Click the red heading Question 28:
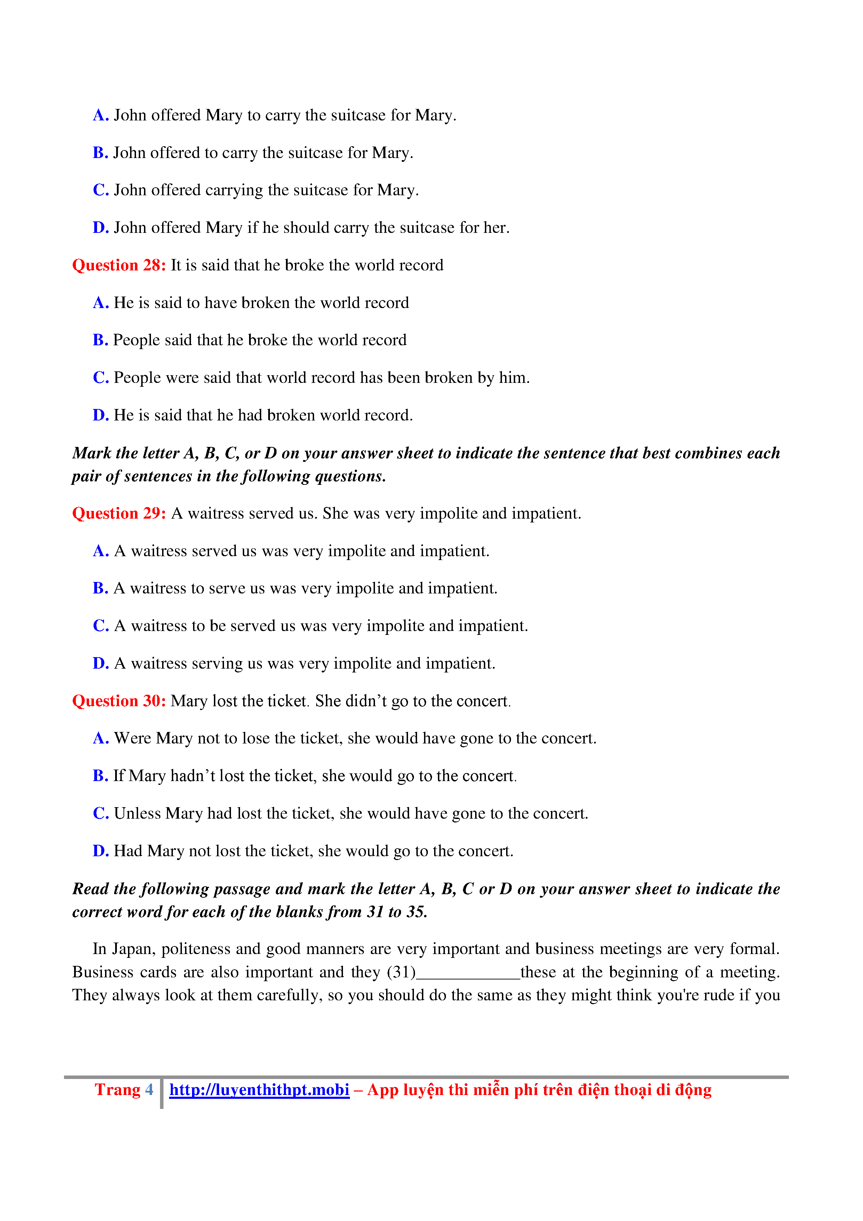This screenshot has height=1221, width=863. pyautogui.click(x=119, y=265)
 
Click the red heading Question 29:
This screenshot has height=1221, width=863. pyautogui.click(x=119, y=513)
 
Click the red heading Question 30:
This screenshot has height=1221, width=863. pyautogui.click(x=119, y=701)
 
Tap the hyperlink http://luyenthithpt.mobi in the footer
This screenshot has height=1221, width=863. pyautogui.click(x=259, y=1090)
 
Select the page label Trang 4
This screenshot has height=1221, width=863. pyautogui.click(x=124, y=1090)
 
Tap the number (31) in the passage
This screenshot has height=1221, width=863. pyautogui.click(x=401, y=972)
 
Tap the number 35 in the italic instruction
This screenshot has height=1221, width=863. pyautogui.click(x=416, y=912)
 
